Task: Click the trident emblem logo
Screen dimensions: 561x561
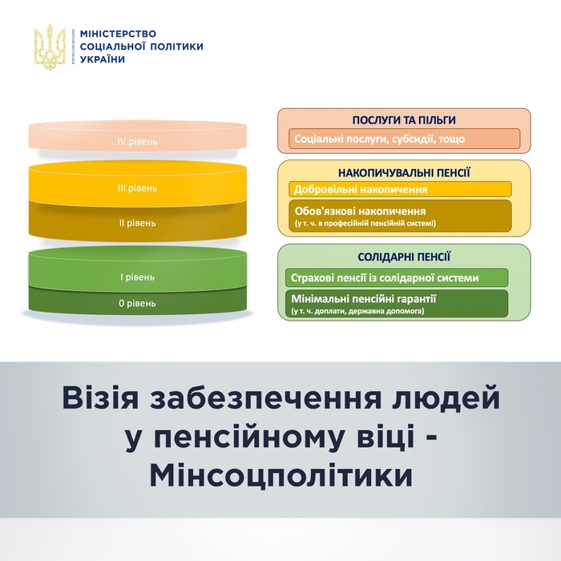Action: click(x=50, y=46)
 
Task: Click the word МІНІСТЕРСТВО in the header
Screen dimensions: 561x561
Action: click(x=119, y=33)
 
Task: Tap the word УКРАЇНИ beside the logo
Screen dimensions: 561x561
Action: click(x=103, y=59)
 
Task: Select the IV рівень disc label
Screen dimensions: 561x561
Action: click(x=138, y=142)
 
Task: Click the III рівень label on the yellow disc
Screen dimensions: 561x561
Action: click(x=138, y=188)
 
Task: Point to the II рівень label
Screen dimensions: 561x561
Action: click(x=138, y=223)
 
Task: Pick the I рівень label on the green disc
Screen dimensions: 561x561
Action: click(x=138, y=277)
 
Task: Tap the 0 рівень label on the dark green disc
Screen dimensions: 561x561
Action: click(x=138, y=304)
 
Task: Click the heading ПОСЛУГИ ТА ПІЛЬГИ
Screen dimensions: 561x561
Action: click(x=404, y=119)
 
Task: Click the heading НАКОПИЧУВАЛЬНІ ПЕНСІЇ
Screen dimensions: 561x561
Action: click(x=404, y=172)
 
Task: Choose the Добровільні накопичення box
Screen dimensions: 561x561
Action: click(x=361, y=190)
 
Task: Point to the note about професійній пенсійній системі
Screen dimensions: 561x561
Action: click(x=365, y=223)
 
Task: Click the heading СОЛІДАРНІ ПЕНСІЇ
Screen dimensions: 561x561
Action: click(x=404, y=257)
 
